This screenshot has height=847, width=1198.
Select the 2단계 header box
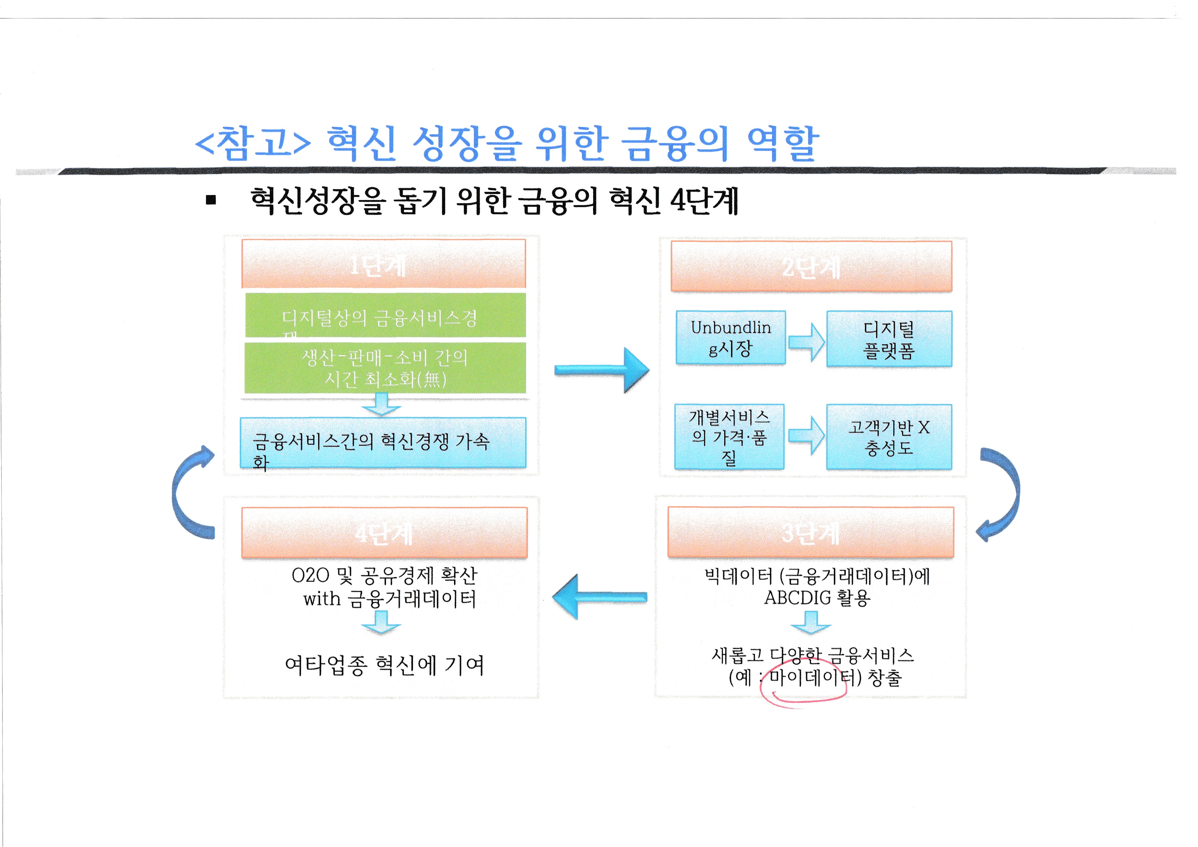coord(811,266)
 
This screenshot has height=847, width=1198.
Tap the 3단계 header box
coord(810,532)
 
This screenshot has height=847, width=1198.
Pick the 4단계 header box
coord(384,532)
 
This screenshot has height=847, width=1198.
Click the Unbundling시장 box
coord(730,337)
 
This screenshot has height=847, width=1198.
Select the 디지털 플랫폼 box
coord(889,339)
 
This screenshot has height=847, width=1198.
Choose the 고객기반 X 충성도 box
coord(889,437)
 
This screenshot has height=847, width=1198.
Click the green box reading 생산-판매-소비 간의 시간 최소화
coord(385,368)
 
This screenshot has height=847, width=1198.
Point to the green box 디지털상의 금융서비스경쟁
coord(385,316)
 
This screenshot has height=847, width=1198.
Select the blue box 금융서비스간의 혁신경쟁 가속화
coord(383,443)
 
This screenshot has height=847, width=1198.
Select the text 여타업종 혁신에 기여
coord(385,665)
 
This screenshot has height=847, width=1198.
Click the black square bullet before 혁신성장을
coord(211,200)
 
